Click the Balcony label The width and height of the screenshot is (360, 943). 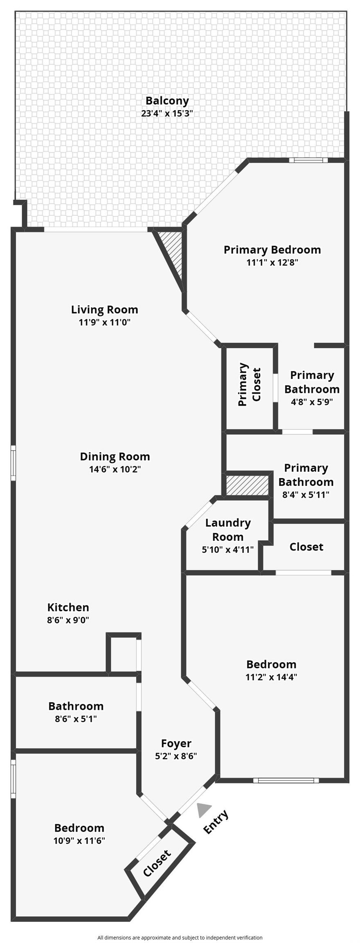167,101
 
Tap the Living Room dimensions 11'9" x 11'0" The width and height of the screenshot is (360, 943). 104,322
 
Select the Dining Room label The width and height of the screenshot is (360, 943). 115,456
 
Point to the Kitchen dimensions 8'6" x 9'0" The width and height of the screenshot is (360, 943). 68,620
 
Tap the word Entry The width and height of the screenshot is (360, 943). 216,822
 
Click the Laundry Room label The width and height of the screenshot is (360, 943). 227,530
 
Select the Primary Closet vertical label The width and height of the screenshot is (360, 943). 249,384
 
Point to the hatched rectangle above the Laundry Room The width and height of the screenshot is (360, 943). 247,485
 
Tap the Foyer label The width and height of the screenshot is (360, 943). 176,743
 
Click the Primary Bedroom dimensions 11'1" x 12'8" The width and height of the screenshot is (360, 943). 272,262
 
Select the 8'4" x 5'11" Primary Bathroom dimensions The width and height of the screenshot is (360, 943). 306,494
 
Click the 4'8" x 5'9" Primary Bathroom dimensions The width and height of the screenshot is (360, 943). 312,402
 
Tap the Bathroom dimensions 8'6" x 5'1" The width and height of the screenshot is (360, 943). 76,718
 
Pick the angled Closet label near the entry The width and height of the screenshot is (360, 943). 157,863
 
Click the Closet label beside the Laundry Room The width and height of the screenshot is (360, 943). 306,547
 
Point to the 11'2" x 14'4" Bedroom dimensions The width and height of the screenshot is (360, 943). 271,677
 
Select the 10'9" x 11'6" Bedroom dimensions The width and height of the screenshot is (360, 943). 79,840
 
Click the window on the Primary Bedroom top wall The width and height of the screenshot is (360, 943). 308,160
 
